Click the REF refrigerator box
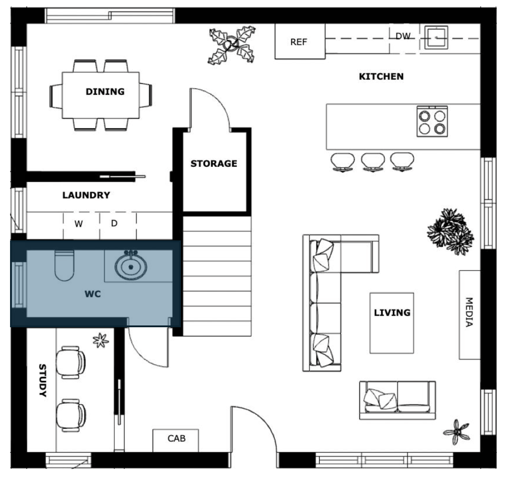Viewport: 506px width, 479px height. click(300, 41)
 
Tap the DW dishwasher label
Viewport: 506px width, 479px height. click(403, 36)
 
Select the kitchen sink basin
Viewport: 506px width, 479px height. click(436, 37)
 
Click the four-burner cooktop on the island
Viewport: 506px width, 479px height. click(432, 122)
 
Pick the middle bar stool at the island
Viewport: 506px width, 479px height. click(373, 162)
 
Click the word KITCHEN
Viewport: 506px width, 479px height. click(381, 76)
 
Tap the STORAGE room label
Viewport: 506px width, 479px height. click(214, 164)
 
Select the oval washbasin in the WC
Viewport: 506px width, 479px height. click(131, 266)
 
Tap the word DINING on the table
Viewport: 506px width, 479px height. click(105, 92)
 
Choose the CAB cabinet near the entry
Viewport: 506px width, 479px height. click(175, 441)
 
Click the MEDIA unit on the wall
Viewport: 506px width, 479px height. click(469, 314)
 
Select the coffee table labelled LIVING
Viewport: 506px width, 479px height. click(392, 323)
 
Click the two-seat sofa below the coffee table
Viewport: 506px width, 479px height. click(398, 400)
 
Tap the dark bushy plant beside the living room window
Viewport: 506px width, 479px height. click(450, 231)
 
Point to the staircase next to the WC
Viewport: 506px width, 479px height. click(217, 276)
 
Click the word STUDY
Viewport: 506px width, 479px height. click(42, 380)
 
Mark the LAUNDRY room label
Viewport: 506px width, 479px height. click(86, 195)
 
